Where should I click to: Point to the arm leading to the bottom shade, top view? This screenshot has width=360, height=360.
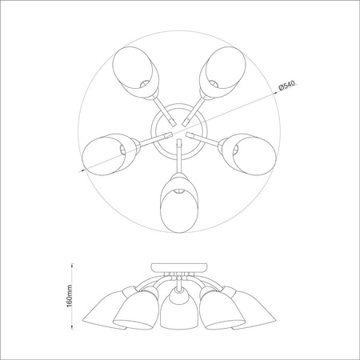click(x=177, y=160)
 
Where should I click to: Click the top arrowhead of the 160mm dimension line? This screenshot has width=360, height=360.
click(x=77, y=264)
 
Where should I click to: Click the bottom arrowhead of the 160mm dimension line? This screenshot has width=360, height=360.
click(x=77, y=327)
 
